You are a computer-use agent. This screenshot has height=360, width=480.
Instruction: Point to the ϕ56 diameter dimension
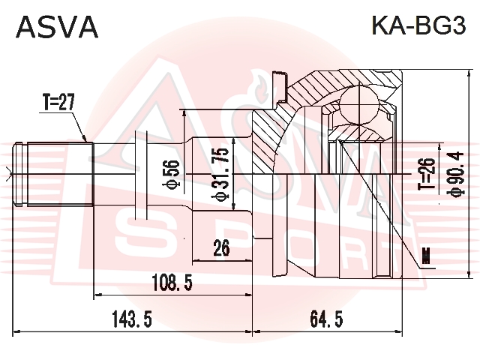click(x=170, y=172)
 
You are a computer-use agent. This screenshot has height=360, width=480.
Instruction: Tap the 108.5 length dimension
click(x=173, y=283)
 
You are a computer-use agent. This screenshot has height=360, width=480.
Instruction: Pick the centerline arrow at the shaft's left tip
click(x=7, y=172)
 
